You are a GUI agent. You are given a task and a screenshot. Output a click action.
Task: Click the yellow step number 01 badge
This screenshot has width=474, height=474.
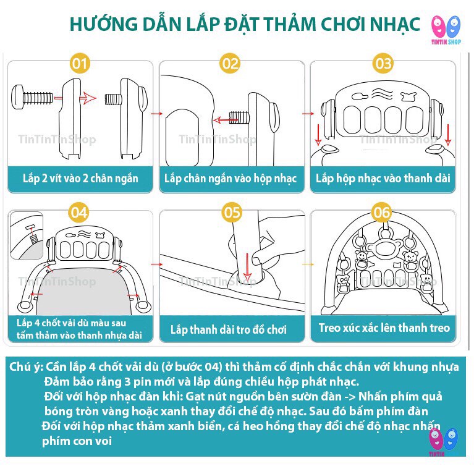pos(80,63)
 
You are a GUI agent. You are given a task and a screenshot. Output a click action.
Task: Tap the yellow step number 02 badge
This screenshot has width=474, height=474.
pos(231,63)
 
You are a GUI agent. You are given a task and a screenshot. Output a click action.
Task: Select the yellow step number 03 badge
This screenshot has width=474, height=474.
pos(383,63)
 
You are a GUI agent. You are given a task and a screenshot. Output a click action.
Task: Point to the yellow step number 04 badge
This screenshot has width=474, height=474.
pos(79,213)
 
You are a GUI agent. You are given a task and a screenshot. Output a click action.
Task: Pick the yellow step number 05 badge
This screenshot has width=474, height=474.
pos(232,213)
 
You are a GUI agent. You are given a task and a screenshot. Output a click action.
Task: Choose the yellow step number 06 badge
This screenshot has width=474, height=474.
pos(382,213)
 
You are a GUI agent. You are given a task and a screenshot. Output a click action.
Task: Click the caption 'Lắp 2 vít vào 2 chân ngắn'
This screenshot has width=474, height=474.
pos(80,179)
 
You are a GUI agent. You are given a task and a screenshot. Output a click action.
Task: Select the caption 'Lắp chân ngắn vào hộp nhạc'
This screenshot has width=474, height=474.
pos(231,179)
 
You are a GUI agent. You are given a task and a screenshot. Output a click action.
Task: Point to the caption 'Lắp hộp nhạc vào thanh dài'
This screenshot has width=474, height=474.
pos(383,179)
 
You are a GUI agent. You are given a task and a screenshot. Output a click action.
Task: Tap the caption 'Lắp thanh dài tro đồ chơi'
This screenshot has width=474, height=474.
pos(229,329)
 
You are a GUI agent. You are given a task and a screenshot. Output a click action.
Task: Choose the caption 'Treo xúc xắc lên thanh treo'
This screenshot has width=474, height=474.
pos(384,328)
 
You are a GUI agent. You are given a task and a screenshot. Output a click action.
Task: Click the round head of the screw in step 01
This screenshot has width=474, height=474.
pos(17,97)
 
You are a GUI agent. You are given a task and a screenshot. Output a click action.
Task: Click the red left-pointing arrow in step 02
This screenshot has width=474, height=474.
pos(225,121)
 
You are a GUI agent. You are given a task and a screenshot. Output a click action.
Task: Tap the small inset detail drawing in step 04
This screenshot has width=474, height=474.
pos(27,235)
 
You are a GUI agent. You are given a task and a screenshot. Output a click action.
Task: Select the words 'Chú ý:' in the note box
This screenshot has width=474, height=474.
pos(27,367)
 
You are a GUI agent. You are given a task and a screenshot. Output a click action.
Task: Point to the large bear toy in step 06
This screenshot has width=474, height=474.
pos(384,247)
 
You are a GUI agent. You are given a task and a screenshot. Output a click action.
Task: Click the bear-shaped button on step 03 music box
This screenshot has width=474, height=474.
pos(408,96)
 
